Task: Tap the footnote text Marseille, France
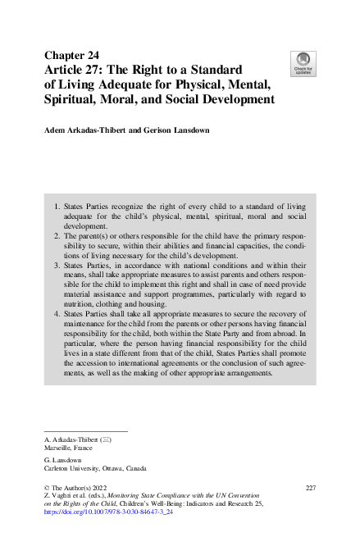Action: (69, 448)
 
